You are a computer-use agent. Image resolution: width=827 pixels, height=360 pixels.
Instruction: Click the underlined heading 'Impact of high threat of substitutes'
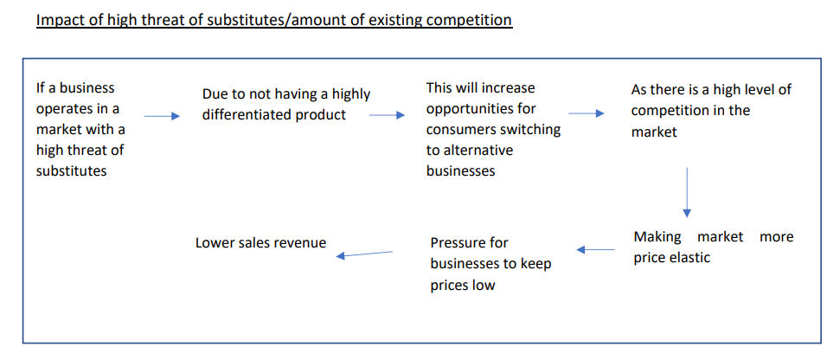click(x=273, y=19)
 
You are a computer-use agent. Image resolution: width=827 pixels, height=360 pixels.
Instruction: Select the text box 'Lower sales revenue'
click(x=260, y=243)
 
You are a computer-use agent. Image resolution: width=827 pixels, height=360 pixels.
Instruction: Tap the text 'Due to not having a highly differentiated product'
click(x=285, y=105)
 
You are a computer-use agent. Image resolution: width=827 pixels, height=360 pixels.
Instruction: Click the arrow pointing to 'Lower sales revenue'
click(x=364, y=254)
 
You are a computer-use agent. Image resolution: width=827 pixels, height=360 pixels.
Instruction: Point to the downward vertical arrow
click(x=687, y=190)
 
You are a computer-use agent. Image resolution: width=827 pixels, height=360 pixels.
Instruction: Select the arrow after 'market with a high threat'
click(x=162, y=116)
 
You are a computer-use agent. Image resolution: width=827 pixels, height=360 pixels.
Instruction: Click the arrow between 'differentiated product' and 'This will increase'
click(x=387, y=115)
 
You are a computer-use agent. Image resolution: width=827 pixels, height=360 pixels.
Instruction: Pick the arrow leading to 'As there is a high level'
click(x=587, y=113)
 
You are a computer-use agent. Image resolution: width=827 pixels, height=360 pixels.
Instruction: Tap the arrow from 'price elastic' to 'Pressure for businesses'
click(x=595, y=250)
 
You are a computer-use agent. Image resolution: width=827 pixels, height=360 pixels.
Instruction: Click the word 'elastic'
click(x=689, y=258)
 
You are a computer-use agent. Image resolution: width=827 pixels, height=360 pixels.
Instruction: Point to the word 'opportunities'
click(x=468, y=109)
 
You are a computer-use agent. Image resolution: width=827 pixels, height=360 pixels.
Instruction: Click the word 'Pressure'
click(x=458, y=243)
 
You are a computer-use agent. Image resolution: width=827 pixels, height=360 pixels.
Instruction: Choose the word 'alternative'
click(x=478, y=151)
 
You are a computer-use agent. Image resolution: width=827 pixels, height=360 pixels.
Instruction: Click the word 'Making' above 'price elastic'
click(x=657, y=237)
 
